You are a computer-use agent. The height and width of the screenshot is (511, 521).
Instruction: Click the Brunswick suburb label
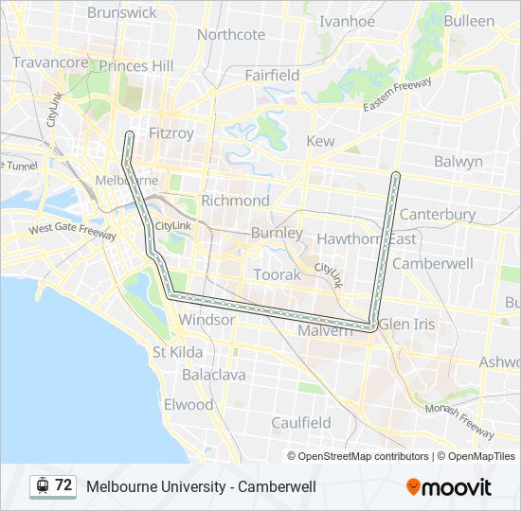click(x=121, y=12)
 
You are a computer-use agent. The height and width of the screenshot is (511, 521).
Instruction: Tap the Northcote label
click(x=231, y=35)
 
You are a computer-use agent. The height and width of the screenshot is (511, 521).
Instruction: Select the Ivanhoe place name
click(x=348, y=21)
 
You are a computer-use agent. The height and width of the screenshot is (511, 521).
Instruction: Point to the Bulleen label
click(x=469, y=21)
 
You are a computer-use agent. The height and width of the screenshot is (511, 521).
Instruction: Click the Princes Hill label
click(x=136, y=66)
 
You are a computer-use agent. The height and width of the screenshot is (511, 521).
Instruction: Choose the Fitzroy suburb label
click(x=171, y=133)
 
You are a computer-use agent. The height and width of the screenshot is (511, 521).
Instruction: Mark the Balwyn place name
click(x=458, y=162)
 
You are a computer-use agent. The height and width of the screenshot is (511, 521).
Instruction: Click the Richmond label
click(x=235, y=201)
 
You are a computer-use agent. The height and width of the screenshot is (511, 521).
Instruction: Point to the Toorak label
click(x=277, y=274)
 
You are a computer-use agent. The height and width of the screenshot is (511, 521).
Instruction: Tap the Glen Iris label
click(x=407, y=324)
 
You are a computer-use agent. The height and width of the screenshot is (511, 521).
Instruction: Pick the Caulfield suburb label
click(x=300, y=422)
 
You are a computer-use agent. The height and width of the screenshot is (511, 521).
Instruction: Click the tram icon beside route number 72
click(x=42, y=485)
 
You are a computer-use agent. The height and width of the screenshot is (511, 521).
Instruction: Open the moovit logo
click(x=449, y=486)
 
